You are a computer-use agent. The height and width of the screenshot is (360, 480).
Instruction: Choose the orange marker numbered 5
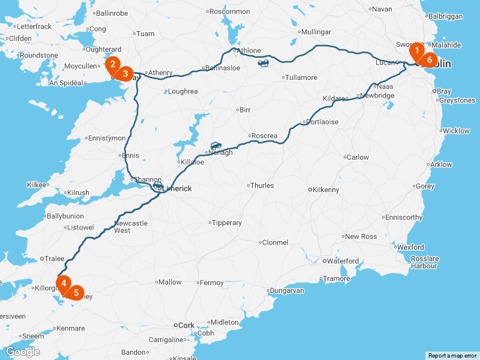(x=76, y=293)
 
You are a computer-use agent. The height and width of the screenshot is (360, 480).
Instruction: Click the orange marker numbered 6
(x=429, y=61)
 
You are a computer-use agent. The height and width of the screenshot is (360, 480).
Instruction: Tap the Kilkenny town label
(x=326, y=190)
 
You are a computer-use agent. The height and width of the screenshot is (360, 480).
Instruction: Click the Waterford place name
(x=343, y=261)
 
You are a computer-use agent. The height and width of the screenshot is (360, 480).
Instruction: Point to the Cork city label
(x=187, y=325)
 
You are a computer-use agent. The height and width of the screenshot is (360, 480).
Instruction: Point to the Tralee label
(x=55, y=259)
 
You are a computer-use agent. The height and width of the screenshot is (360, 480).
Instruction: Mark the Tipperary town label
(x=227, y=223)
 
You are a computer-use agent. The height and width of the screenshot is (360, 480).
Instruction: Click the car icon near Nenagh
(x=216, y=146)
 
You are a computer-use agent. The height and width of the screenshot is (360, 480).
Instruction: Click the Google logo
(x=22, y=352)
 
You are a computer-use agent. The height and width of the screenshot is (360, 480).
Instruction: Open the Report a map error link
(x=452, y=356)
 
